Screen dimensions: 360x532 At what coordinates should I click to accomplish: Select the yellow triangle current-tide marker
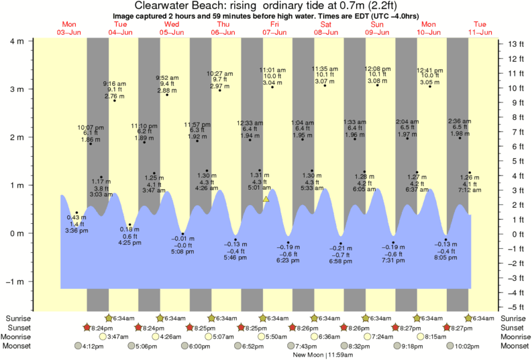(266, 199)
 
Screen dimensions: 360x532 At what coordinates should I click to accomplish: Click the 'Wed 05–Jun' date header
(170, 27)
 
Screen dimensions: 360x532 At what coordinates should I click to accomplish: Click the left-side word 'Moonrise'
(19, 337)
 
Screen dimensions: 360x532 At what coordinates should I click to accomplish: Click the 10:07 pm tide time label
(91, 127)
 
